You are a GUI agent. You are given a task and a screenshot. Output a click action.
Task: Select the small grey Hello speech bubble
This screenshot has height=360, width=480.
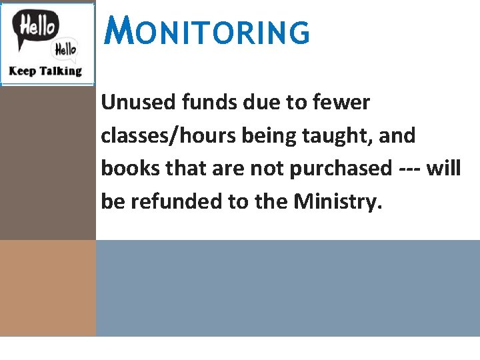[x=65, y=48]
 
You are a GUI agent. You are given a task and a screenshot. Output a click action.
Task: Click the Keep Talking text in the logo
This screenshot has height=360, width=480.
[x=45, y=71]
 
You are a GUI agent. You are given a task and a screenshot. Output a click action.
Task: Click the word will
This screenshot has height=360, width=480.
[x=444, y=169]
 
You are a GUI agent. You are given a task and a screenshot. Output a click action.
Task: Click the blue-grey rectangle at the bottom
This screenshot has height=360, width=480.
[x=288, y=288]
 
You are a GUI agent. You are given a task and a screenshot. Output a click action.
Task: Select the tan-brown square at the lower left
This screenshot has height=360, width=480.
[x=48, y=288]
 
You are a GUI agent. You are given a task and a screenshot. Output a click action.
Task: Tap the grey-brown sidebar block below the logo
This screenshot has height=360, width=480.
[x=48, y=163]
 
